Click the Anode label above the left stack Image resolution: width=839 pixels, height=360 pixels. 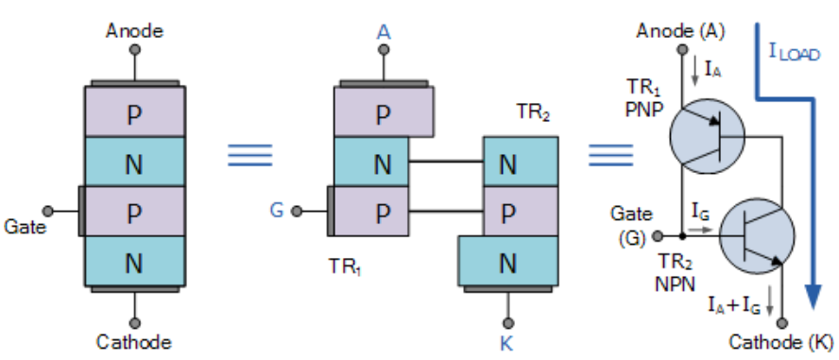tap(133, 31)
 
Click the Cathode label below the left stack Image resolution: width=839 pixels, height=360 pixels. tap(133, 340)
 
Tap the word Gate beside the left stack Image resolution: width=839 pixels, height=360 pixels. tap(25, 227)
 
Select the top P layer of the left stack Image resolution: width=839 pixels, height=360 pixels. tap(134, 113)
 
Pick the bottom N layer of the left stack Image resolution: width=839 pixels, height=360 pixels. tap(134, 259)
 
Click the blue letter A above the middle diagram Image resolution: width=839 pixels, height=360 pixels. tap(383, 32)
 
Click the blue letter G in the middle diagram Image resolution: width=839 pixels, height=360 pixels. tap(277, 210)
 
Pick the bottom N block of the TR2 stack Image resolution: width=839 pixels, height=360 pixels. tap(507, 260)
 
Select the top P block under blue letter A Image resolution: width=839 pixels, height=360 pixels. tap(384, 114)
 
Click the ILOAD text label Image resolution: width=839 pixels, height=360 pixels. tap(793, 52)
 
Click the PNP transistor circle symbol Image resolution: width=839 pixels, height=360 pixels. tap(706, 137)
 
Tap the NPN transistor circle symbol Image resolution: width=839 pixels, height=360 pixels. tap(757, 234)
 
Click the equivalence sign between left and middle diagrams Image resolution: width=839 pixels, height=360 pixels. tap(249, 155)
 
